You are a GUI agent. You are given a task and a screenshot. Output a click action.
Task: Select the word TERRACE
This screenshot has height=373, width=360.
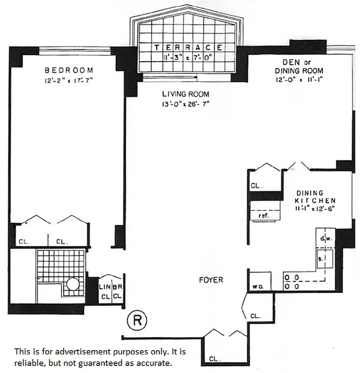pos(188,47)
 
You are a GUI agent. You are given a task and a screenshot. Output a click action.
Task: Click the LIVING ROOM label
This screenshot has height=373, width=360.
pos(185,94)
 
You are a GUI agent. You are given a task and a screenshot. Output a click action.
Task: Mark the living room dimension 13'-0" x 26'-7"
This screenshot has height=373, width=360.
pos(185,104)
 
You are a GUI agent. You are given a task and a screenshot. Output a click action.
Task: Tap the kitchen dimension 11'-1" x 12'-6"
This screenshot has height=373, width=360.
pos(315,208)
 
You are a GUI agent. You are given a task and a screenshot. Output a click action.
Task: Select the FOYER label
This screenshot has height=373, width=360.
pos(211,280)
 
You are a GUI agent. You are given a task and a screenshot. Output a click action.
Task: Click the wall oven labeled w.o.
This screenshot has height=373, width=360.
pos(258,286)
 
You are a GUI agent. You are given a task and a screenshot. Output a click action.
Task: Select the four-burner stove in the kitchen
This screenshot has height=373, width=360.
pos(292,282)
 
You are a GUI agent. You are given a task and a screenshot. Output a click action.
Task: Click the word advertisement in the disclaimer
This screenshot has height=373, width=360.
pos(72,351)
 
